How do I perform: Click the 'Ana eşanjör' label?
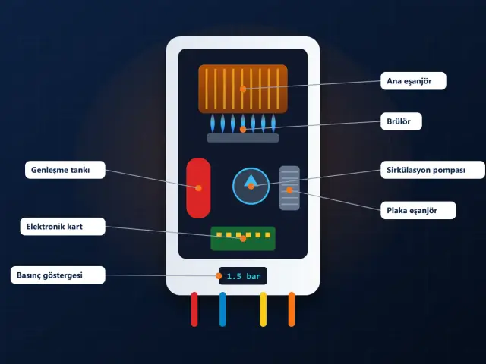coord(413,81)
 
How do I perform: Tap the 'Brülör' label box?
coord(401,121)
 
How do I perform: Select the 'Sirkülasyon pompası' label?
coord(433,170)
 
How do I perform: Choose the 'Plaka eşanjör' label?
coord(418,211)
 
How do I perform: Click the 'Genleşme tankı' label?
coord(65,170)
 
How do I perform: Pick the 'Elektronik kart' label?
coord(62,227)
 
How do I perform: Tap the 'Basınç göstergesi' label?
coord(58,275)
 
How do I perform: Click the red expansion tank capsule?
coord(198,188)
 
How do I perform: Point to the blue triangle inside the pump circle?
coord(251,181)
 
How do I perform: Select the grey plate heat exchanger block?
coord(289,188)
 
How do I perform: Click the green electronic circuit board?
coord(243,238)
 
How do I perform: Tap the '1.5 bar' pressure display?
coord(243,276)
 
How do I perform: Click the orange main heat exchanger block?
coord(243,89)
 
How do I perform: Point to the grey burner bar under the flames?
coord(243,138)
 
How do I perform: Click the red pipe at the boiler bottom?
coord(194,309)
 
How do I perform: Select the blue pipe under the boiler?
coord(222,309)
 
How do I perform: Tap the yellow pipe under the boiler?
coord(264,309)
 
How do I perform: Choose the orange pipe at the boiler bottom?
coord(292,309)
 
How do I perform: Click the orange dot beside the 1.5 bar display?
coord(219,276)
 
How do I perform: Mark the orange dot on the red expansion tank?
coord(198,188)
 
